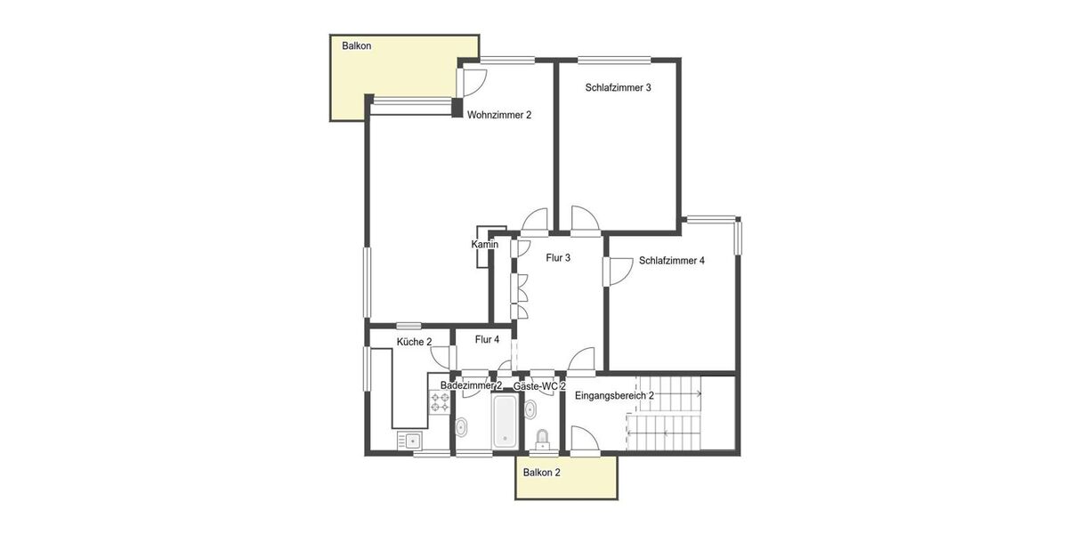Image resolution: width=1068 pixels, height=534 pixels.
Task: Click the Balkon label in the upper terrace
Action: [356, 45]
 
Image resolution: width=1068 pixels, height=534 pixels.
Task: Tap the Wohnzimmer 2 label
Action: [499, 115]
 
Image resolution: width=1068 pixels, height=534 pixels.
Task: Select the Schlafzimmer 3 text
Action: [619, 87]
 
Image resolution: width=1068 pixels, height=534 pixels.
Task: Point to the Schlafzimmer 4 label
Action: [672, 261]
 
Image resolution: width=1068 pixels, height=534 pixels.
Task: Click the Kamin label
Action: [484, 244]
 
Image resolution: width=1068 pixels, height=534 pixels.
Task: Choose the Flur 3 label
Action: [558, 258]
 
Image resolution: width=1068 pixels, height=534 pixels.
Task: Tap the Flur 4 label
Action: [487, 339]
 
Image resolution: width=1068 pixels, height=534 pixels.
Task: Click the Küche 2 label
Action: [414, 342]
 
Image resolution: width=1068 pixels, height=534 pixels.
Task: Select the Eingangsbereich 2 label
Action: [615, 395]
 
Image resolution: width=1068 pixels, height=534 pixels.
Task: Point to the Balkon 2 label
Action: [542, 473]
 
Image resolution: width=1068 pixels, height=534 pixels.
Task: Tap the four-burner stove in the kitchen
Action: [440, 402]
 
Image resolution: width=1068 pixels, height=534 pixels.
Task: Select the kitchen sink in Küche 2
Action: [410, 440]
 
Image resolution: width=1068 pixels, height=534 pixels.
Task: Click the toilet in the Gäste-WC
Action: [542, 438]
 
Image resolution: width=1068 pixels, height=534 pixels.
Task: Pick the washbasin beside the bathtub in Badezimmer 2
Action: [462, 428]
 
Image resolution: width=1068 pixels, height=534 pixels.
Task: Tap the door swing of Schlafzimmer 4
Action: [616, 271]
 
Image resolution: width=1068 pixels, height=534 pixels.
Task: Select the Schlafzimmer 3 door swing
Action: [585, 220]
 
